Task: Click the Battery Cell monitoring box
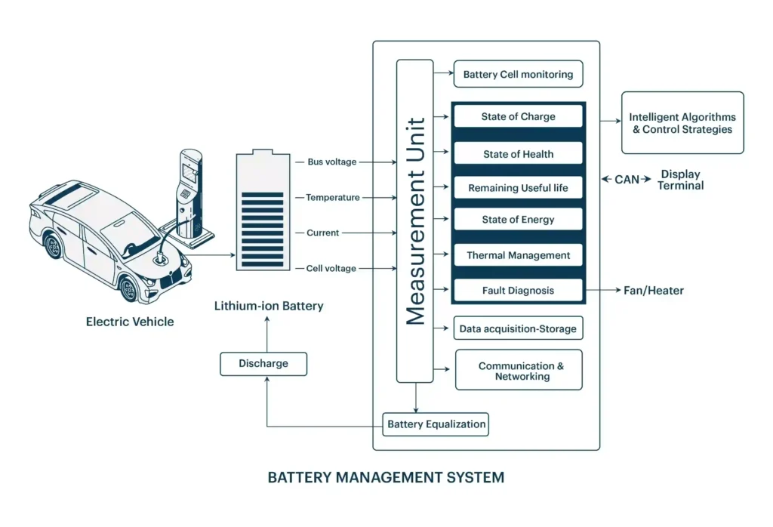point(518,74)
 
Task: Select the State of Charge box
point(518,116)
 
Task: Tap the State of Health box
point(518,153)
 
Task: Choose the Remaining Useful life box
point(518,187)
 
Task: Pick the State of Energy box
point(518,220)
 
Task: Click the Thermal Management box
point(518,255)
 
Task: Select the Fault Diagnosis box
point(518,290)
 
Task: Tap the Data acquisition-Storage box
point(518,328)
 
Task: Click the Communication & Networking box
point(519,370)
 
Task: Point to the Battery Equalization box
point(436,424)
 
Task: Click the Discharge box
point(263,363)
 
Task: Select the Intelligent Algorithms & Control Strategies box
point(682,123)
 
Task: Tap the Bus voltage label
point(331,162)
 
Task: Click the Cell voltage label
point(331,268)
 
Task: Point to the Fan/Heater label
point(653,290)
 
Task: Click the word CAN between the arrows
point(627,180)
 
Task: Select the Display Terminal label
point(680,180)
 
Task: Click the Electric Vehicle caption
point(130,322)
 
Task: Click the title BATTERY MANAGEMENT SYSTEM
point(386,477)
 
